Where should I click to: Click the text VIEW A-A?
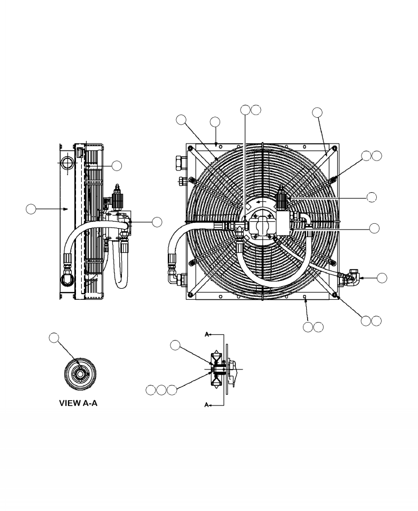[x=78, y=404]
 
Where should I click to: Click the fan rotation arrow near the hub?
[x=258, y=201]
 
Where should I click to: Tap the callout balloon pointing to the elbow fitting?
[x=382, y=278]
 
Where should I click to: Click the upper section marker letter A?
[x=207, y=334]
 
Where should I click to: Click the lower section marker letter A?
[x=207, y=405]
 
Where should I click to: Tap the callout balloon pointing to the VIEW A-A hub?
[x=54, y=337]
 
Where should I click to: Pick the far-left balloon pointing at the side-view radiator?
[x=31, y=209]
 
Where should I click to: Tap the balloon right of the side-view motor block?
[x=157, y=222]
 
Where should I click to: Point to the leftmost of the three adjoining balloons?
[x=151, y=390]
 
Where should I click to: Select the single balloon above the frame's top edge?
[x=215, y=122]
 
